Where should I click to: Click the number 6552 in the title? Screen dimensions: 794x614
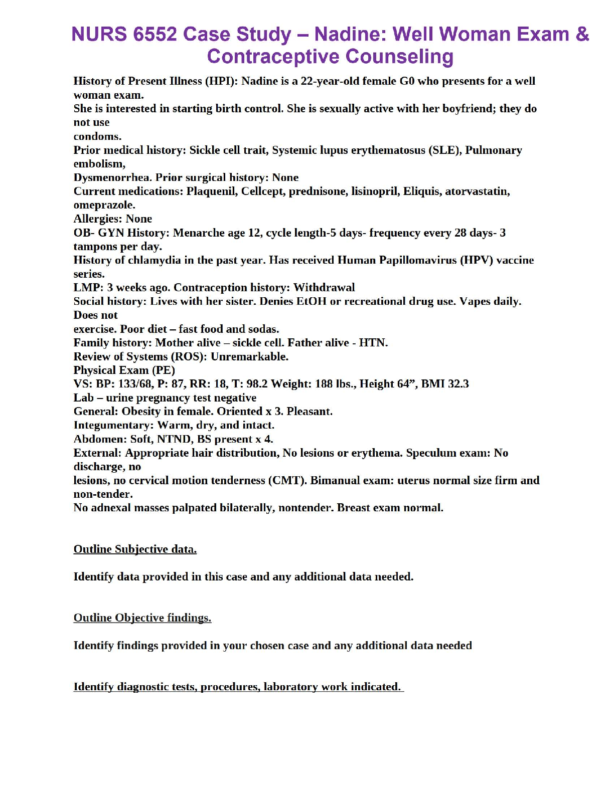(x=155, y=34)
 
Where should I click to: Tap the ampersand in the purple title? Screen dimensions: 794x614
(x=582, y=34)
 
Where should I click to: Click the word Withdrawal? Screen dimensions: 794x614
(x=324, y=288)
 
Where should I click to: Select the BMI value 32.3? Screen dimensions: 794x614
(x=458, y=384)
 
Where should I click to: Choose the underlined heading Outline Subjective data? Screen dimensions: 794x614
(x=135, y=549)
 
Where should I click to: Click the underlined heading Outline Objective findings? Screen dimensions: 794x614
(x=142, y=618)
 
